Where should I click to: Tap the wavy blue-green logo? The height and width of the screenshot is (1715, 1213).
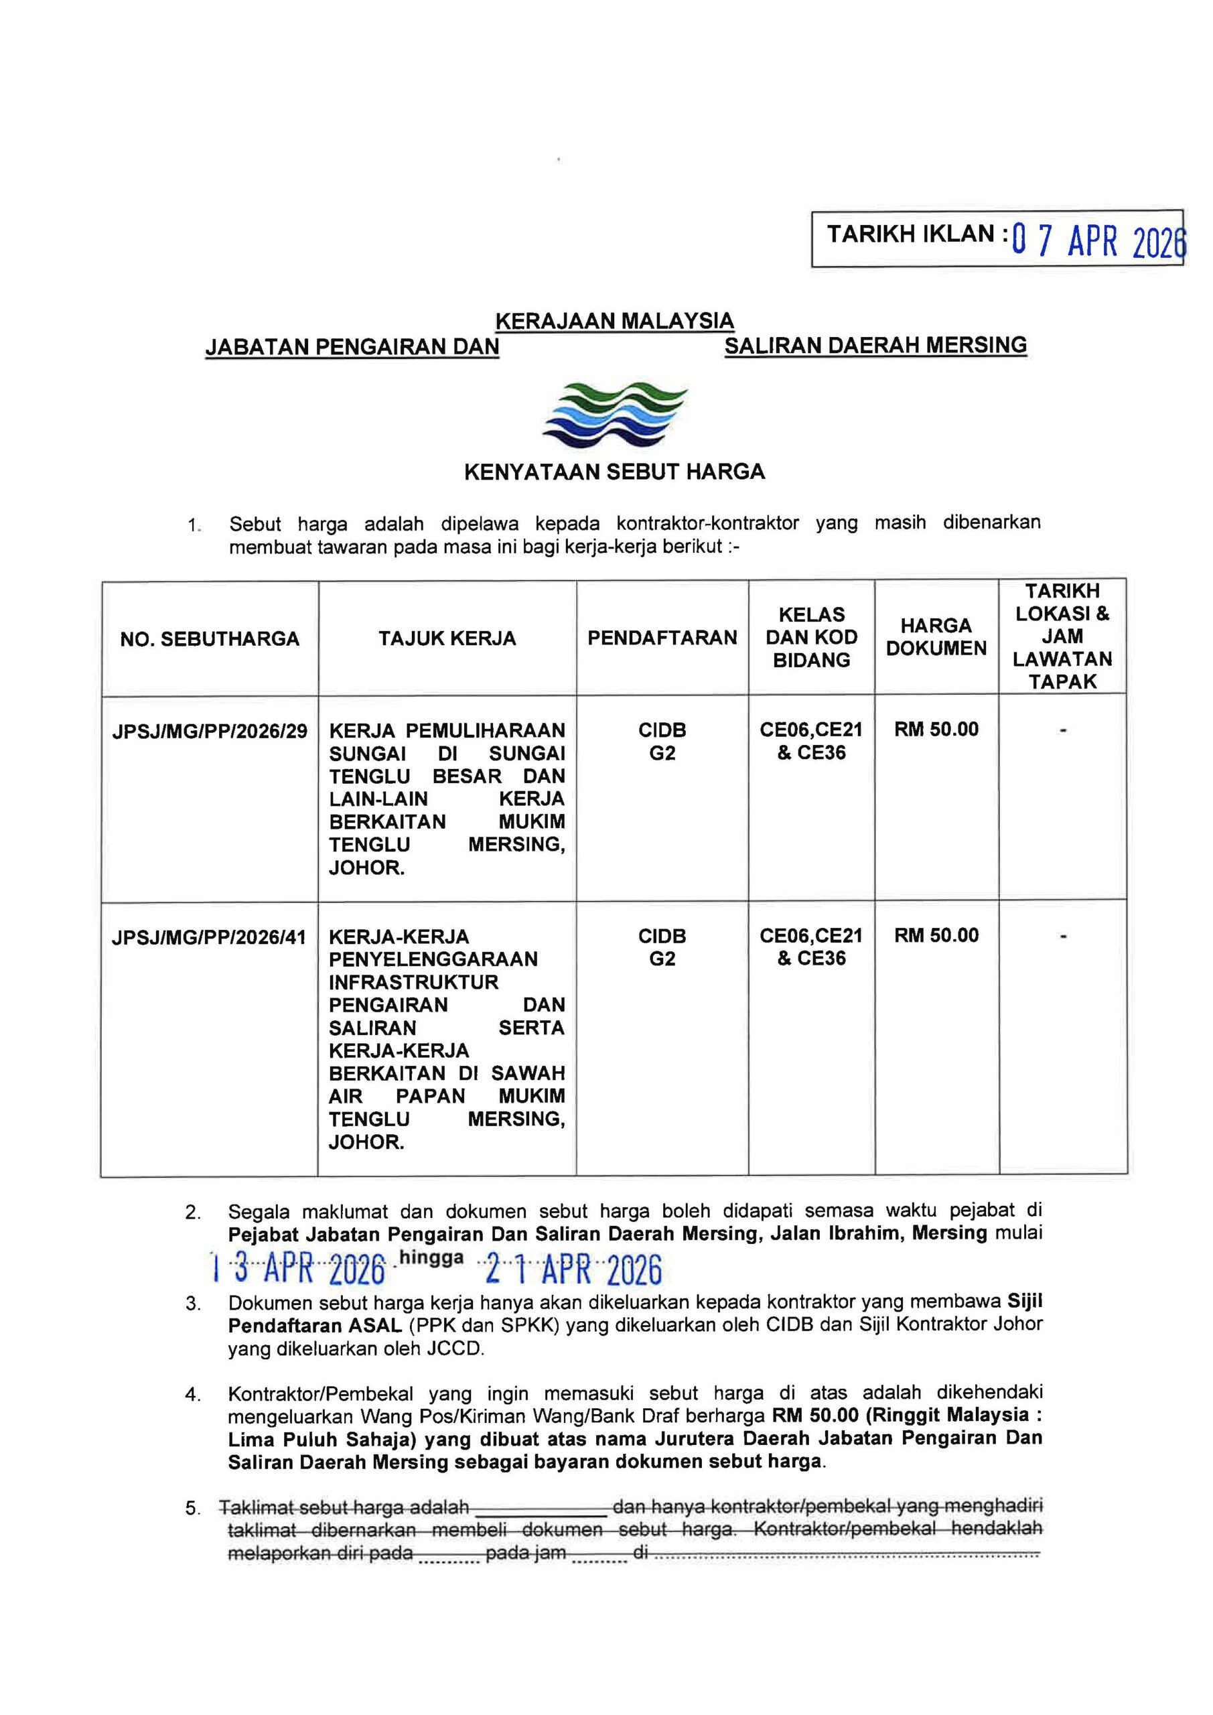615,415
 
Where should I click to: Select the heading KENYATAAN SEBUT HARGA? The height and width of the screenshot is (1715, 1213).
614,472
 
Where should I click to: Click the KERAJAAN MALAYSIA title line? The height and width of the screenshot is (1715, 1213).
614,321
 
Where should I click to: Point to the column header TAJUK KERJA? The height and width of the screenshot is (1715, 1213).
447,638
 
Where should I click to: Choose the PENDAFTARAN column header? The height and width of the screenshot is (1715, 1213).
662,638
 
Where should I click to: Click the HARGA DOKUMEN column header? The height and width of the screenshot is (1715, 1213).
936,637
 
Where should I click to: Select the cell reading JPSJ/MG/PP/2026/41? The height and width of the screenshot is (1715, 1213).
209,937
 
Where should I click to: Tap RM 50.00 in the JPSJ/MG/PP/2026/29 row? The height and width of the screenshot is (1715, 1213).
936,729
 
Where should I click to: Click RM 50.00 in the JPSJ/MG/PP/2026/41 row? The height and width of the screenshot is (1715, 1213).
936,935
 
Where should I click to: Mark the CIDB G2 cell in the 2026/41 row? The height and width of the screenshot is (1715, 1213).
662,947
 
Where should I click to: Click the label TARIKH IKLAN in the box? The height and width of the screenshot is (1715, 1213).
910,234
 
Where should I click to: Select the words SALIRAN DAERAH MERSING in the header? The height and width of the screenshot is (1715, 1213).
875,345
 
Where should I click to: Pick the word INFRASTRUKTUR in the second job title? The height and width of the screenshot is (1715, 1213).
413,982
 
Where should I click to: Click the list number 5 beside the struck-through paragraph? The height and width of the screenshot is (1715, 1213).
193,1508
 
